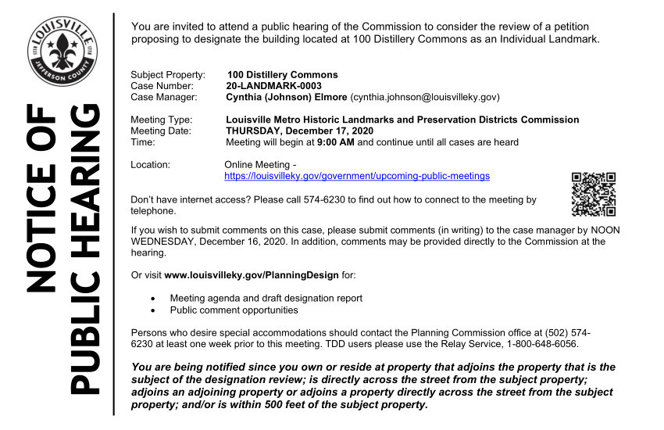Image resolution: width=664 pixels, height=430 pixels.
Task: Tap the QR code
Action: (594, 194)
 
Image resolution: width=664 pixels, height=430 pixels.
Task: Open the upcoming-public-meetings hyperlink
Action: (357, 177)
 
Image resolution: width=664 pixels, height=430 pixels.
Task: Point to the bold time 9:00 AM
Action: (336, 143)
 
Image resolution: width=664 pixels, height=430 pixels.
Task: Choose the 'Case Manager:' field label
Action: (164, 98)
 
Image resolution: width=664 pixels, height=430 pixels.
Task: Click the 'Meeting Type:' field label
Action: (162, 120)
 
